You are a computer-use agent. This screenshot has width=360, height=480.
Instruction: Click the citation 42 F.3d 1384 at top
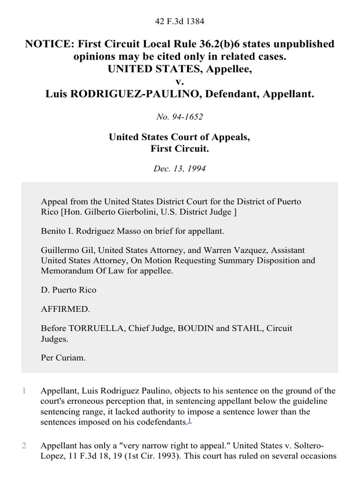coord(180,21)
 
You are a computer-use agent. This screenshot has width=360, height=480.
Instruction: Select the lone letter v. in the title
coord(180,82)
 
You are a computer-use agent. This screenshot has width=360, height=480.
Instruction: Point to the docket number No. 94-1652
coord(180,117)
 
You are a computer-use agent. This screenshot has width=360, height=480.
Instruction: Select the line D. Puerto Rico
coord(68,290)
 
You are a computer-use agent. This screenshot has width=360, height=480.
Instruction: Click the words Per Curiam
coord(63,357)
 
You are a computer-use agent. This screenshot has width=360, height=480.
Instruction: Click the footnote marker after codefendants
coord(189,420)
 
